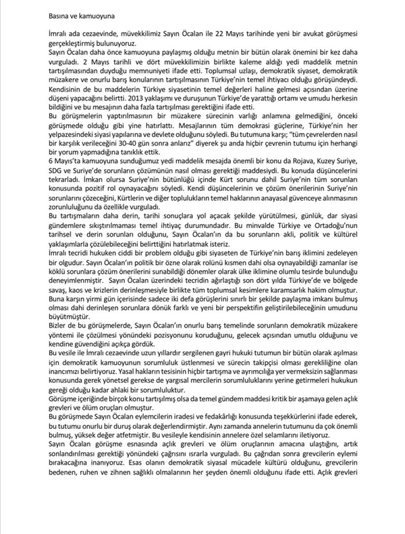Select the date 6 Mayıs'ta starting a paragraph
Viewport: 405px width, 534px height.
(67, 162)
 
